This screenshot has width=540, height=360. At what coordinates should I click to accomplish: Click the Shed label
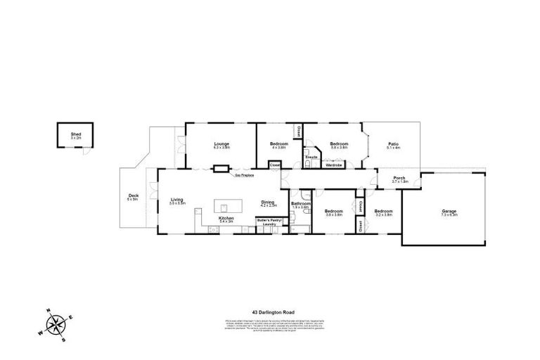click(x=76, y=134)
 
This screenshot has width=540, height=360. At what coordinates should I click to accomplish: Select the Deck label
click(x=133, y=198)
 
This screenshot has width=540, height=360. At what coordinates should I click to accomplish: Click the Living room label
click(x=177, y=201)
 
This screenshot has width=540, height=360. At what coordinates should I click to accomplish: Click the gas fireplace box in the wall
click(x=221, y=168)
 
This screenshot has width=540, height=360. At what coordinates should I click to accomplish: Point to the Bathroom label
click(x=301, y=205)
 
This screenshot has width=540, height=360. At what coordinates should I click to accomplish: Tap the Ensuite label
click(x=311, y=157)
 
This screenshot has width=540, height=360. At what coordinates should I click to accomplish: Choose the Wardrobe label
click(x=333, y=165)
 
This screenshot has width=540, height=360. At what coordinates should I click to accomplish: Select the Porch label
click(x=399, y=179)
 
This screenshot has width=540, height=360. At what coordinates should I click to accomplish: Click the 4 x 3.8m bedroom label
click(x=279, y=146)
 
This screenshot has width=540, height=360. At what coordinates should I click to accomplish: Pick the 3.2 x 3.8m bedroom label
click(x=383, y=213)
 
